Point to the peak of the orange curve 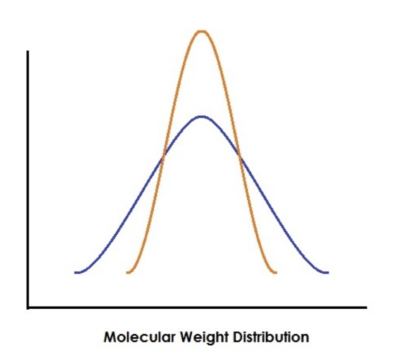click(x=201, y=31)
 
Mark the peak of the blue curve click(x=201, y=116)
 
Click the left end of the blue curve click(x=76, y=272)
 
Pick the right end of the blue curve click(x=328, y=272)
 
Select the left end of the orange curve click(x=127, y=272)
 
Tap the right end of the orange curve click(x=276, y=272)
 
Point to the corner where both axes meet click(x=27, y=307)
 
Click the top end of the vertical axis click(x=27, y=51)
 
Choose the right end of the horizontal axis click(x=365, y=307)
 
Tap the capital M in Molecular click(x=109, y=337)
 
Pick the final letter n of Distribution click(x=305, y=337)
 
